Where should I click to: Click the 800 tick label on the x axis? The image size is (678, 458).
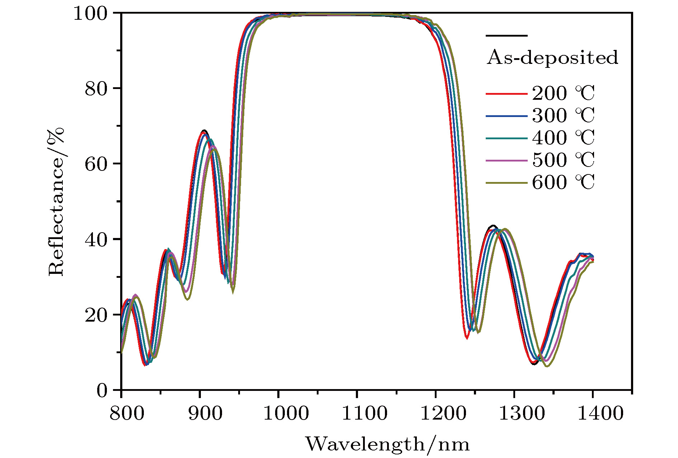[x=127, y=413]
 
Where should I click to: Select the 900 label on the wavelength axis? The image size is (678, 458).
[x=205, y=413]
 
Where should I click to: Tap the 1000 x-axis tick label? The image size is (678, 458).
[x=286, y=413]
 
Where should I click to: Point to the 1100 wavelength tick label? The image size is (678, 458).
[x=364, y=413]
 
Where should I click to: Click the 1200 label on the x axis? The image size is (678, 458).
[x=443, y=413]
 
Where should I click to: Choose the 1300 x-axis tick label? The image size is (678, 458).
[x=522, y=413]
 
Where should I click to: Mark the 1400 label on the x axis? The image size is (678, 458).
[x=600, y=413]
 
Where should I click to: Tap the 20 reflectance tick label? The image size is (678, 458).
[x=96, y=315]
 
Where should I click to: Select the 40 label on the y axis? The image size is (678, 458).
[x=96, y=240]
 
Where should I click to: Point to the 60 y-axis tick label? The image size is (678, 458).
[x=96, y=164]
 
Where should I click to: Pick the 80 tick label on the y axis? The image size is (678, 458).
[x=96, y=89]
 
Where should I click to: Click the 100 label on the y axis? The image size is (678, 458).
[x=90, y=14]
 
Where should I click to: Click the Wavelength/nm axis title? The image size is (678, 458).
[x=387, y=444]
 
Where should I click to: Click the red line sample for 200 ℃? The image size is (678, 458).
[x=507, y=94]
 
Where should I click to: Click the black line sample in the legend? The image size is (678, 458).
[x=507, y=36]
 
